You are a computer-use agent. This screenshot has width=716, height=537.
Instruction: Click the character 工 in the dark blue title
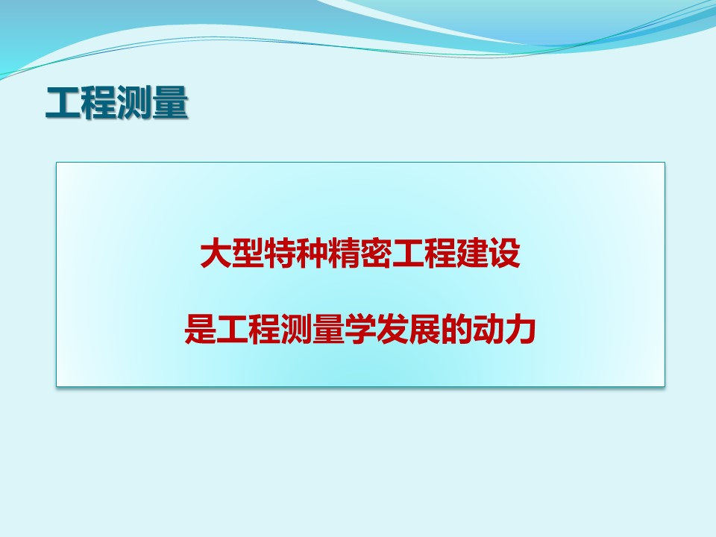pyautogui.click(x=63, y=103)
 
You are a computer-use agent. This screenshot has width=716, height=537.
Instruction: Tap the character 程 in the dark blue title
pyautogui.click(x=98, y=103)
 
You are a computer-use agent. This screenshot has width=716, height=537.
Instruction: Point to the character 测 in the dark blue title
pyautogui.click(x=134, y=103)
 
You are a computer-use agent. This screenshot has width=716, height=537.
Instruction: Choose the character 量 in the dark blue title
pyautogui.click(x=170, y=103)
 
